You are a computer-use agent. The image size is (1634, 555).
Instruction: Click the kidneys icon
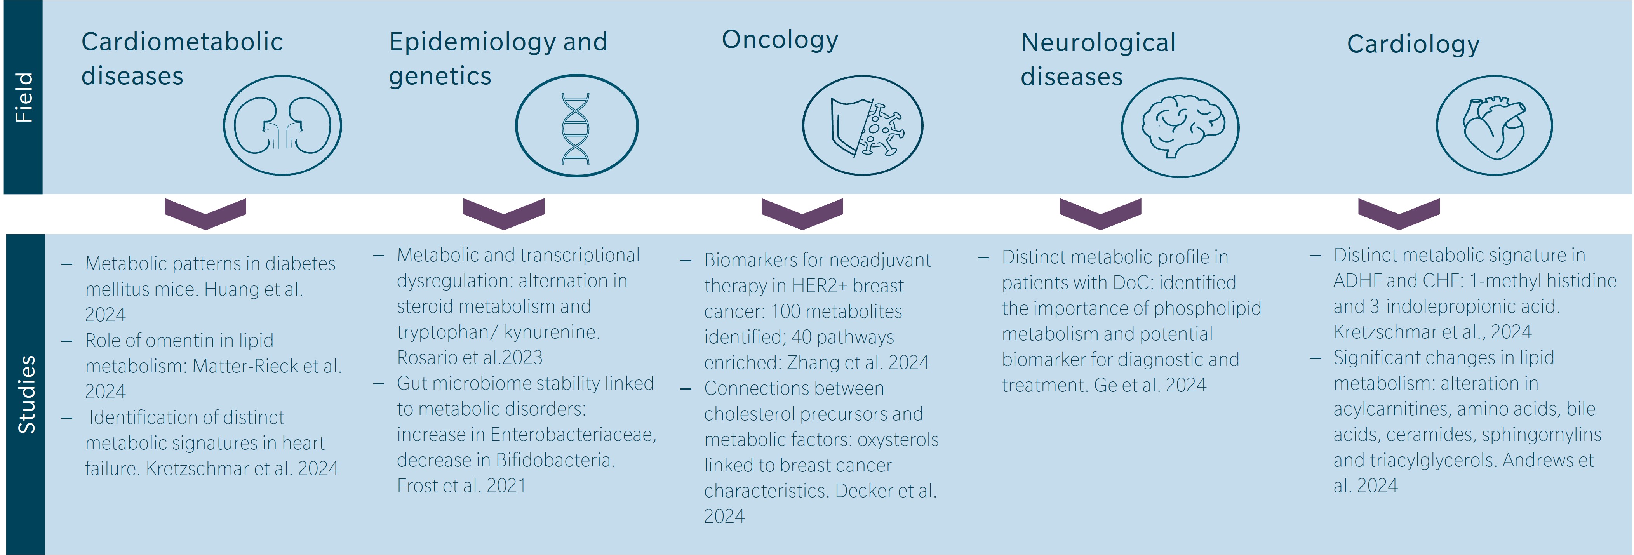(x=282, y=125)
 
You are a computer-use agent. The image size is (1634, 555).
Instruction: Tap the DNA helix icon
(x=576, y=127)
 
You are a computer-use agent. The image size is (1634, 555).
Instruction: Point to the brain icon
(x=1180, y=127)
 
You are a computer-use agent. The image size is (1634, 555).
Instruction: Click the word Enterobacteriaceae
(x=573, y=435)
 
